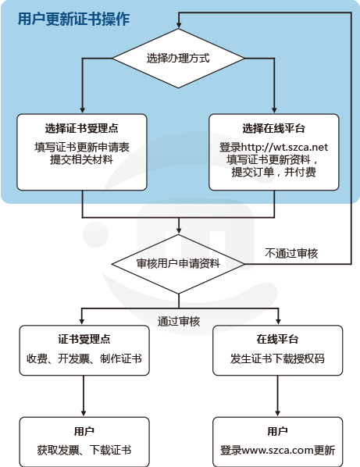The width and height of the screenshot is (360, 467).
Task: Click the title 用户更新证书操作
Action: click(x=73, y=19)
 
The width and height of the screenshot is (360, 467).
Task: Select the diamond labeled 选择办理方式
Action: click(x=178, y=59)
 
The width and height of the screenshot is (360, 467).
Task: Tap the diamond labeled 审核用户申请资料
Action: click(x=178, y=264)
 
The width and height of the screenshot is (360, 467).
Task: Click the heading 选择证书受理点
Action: click(x=81, y=128)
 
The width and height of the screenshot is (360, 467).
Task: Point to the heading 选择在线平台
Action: click(x=273, y=128)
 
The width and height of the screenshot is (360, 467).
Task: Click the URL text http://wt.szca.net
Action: click(x=284, y=147)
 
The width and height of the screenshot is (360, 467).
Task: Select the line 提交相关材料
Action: click(x=81, y=159)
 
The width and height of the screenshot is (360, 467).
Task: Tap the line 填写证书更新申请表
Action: click(x=81, y=147)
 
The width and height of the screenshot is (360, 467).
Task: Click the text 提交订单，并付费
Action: click(x=273, y=172)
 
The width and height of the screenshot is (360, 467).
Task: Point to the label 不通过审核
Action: click(x=291, y=253)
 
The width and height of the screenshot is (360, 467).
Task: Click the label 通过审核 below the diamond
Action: click(x=179, y=322)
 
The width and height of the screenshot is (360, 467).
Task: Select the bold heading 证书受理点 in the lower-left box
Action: click(x=84, y=339)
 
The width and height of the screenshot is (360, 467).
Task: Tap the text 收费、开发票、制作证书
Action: click(x=84, y=358)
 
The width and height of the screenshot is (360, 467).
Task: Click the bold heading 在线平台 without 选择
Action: click(x=277, y=339)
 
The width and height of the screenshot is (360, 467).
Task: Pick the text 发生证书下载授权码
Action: click(x=277, y=358)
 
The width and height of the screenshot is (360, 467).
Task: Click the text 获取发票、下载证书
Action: click(x=84, y=450)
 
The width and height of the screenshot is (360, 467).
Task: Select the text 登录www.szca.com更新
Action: click(x=277, y=450)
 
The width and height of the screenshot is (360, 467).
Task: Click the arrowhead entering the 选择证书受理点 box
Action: click(x=83, y=110)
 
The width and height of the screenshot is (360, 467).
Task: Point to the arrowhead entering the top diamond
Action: click(x=178, y=25)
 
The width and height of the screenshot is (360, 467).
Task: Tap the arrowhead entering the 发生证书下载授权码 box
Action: click(x=278, y=322)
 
